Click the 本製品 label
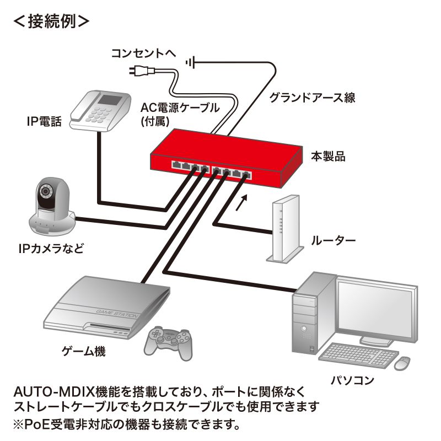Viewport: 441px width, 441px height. [x=328, y=157]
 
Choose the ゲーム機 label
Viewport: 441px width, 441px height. [x=83, y=351]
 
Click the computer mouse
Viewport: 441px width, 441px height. [x=403, y=363]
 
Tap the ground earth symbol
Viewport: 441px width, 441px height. [x=190, y=63]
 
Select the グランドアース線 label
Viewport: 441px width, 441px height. [x=312, y=98]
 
